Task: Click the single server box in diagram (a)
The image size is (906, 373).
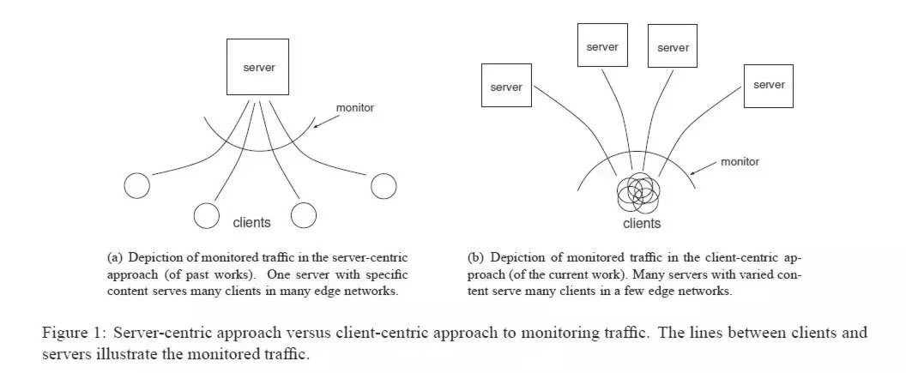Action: pyautogui.click(x=258, y=67)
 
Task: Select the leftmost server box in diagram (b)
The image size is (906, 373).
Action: pyautogui.click(x=505, y=87)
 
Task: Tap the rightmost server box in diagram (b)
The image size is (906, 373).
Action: pyautogui.click(x=768, y=85)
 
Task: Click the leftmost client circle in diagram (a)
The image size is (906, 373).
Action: pyautogui.click(x=136, y=184)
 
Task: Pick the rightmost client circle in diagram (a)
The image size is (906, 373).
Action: pyautogui.click(x=383, y=184)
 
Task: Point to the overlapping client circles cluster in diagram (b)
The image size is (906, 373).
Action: pyautogui.click(x=638, y=193)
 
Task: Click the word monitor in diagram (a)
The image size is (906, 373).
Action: pyautogui.click(x=355, y=110)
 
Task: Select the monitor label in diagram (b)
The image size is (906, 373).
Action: pyautogui.click(x=740, y=161)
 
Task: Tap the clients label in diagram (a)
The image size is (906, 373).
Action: pyautogui.click(x=251, y=223)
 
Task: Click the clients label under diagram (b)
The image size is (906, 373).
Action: pyautogui.click(x=641, y=224)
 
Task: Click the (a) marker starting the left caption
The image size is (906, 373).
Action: pyautogui.click(x=115, y=257)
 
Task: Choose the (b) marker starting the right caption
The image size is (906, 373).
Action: pyautogui.click(x=475, y=257)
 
